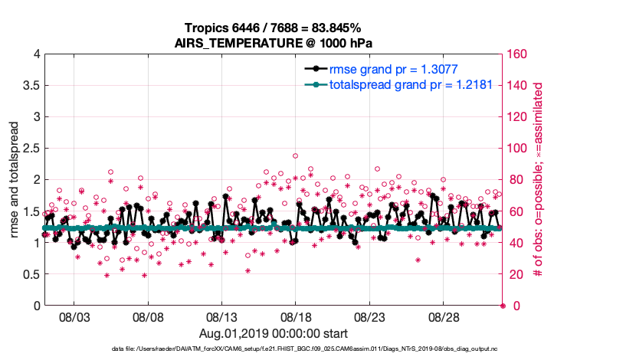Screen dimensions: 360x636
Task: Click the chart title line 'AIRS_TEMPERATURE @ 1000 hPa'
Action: tap(274, 43)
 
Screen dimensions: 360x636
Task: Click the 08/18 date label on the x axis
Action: tap(297, 316)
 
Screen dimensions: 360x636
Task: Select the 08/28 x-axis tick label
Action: tap(444, 316)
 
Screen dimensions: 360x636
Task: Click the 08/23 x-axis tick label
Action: tap(370, 316)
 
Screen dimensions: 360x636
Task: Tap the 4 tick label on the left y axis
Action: tap(36, 54)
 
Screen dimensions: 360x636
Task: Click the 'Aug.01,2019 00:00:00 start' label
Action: tap(274, 333)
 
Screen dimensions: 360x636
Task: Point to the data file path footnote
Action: tap(274, 349)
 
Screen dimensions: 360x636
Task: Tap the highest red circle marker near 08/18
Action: tap(295, 155)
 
